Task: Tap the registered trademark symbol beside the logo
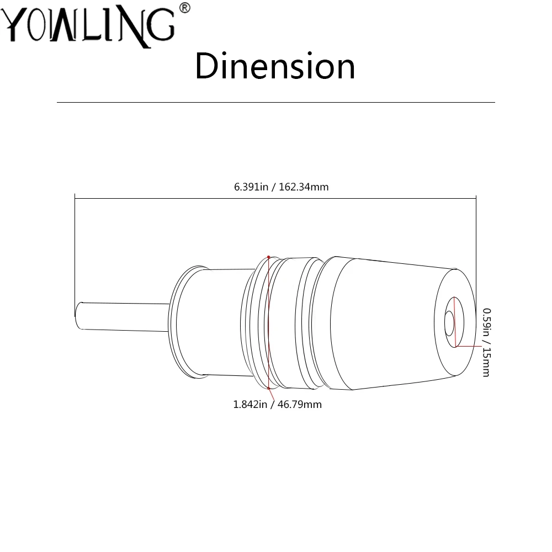pos(184,8)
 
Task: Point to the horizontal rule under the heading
pos(276,103)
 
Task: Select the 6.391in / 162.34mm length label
pos(281,187)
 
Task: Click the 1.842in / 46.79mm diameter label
pos(277,405)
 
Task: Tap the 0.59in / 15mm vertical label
pos(485,342)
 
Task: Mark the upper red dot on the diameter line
pos(269,257)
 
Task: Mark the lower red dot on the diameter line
pos(269,389)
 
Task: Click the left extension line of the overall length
pos(75,248)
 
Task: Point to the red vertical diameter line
pos(269,323)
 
